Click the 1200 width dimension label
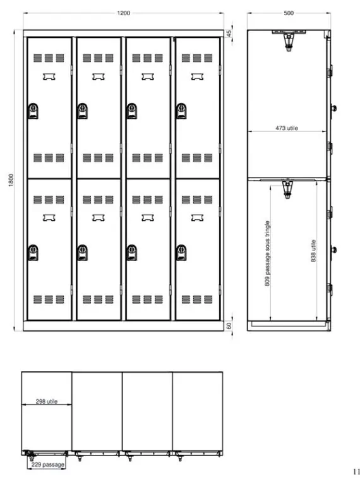point(124,13)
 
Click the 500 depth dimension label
point(289,13)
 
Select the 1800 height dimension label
point(11,180)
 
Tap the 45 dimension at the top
point(229,33)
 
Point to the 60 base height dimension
point(229,326)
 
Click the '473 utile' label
point(287,128)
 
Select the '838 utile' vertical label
point(313,251)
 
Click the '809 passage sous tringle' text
point(267,253)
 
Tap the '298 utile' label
point(47,401)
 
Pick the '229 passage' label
point(48,464)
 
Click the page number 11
point(356,471)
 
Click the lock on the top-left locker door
point(33,111)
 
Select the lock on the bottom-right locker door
point(181,253)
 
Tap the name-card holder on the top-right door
point(197,76)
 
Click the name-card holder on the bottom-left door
point(49,218)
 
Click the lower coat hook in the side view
point(287,188)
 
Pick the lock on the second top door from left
point(82,111)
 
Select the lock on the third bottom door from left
point(132,253)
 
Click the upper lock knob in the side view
point(333,108)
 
